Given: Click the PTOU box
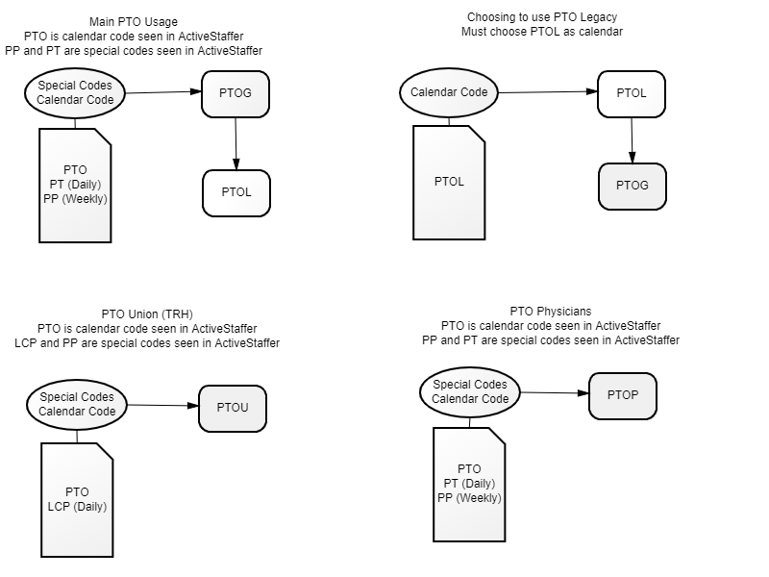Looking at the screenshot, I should pyautogui.click(x=232, y=408).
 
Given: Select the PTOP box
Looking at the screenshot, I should pyautogui.click(x=622, y=394).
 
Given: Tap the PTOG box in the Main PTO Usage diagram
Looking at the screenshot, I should pyautogui.click(x=236, y=93).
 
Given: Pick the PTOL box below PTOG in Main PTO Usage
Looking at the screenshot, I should pyautogui.click(x=236, y=192).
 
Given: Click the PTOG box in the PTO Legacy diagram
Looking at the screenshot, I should pyautogui.click(x=632, y=186).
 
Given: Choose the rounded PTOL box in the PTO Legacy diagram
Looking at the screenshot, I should pyautogui.click(x=631, y=93).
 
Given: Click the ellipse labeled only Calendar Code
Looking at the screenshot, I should pyautogui.click(x=449, y=93).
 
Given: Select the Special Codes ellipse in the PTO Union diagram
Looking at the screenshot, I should pyautogui.click(x=77, y=404).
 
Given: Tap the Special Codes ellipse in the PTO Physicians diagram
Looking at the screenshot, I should pyautogui.click(x=470, y=392).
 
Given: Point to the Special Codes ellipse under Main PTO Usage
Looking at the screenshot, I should pyautogui.click(x=76, y=92).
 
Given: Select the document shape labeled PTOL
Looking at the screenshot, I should pyautogui.click(x=449, y=182).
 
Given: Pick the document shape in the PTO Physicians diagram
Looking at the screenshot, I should pyautogui.click(x=469, y=484).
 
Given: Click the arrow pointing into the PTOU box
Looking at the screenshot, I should pyautogui.click(x=163, y=406).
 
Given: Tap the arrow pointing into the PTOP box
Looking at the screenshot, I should pyautogui.click(x=554, y=393).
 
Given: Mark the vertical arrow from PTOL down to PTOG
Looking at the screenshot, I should pyautogui.click(x=632, y=140).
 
